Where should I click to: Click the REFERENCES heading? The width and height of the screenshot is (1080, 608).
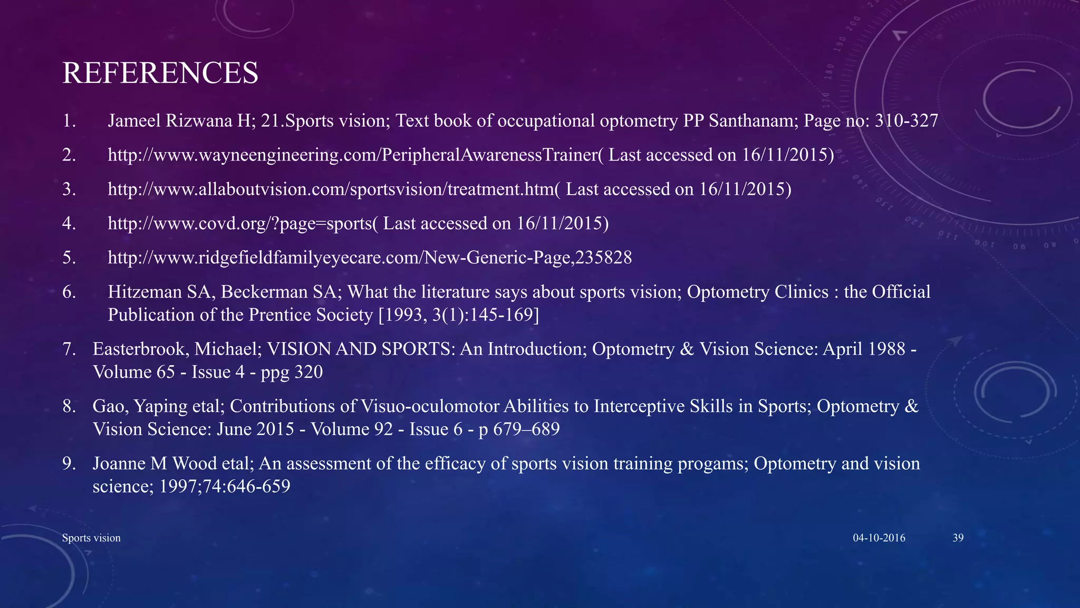click(160, 73)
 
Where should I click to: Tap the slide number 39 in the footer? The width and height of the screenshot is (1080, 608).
click(958, 538)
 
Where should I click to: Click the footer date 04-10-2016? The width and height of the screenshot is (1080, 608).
click(879, 538)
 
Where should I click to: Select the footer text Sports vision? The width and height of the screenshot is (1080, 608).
click(91, 538)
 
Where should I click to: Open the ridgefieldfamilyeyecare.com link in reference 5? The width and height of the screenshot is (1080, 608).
click(369, 258)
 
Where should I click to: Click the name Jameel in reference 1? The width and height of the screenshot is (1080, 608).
click(134, 121)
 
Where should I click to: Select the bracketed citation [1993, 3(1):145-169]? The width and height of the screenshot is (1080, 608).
click(459, 315)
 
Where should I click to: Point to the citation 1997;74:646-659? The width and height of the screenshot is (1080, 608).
click(225, 486)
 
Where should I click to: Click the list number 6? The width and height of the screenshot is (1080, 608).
click(69, 292)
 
